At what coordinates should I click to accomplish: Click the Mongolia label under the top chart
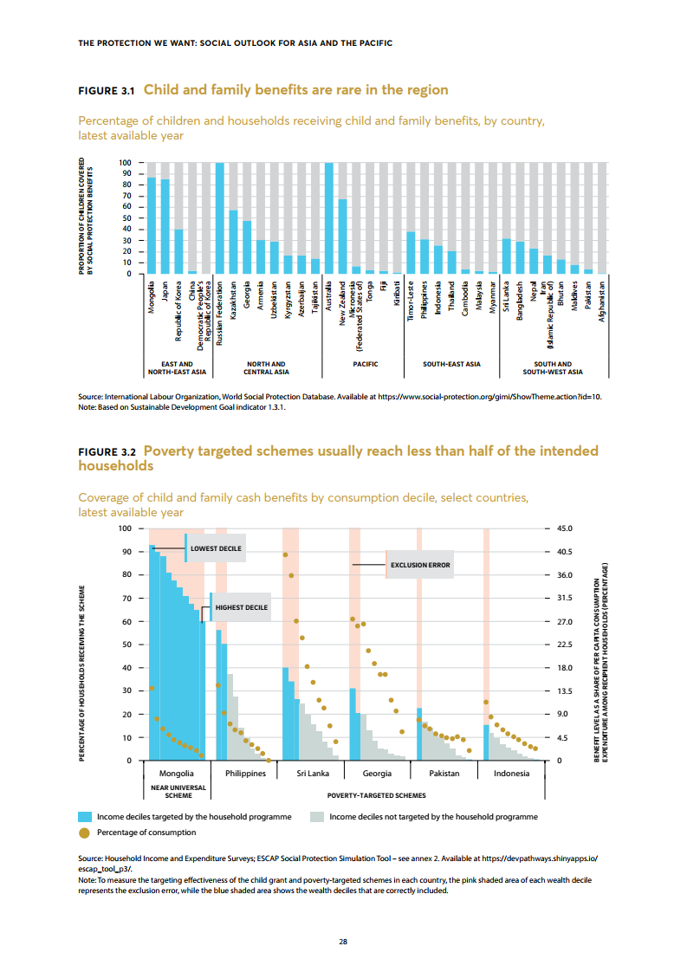(x=152, y=300)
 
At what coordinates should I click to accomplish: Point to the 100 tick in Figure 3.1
(x=125, y=163)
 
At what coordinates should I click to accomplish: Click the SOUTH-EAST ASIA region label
(x=451, y=365)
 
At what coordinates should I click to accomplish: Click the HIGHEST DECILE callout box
(x=241, y=608)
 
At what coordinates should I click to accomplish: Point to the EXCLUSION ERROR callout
(x=420, y=565)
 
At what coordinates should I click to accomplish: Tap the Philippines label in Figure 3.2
(x=245, y=773)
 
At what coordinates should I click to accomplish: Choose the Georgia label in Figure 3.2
(x=377, y=773)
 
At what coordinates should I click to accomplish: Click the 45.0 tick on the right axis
(x=564, y=528)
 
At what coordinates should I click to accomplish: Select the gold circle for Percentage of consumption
(x=85, y=833)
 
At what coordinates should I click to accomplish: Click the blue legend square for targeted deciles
(x=85, y=817)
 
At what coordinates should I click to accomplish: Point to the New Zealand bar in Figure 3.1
(x=343, y=237)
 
